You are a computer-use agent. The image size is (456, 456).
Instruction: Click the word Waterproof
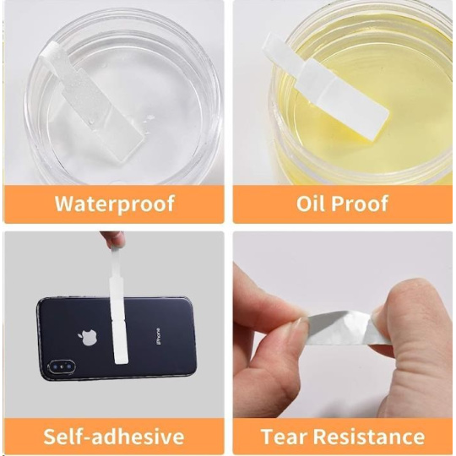(115, 204)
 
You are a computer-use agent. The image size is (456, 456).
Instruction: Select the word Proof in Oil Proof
(360, 204)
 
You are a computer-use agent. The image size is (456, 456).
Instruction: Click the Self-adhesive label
(114, 437)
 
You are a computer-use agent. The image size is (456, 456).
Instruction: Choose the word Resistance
(369, 437)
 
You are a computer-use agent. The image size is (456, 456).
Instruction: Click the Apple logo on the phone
(87, 338)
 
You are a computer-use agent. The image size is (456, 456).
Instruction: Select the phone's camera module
(62, 367)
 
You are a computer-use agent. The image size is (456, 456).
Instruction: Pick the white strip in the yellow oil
(325, 85)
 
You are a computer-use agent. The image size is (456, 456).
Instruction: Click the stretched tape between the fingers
(337, 326)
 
